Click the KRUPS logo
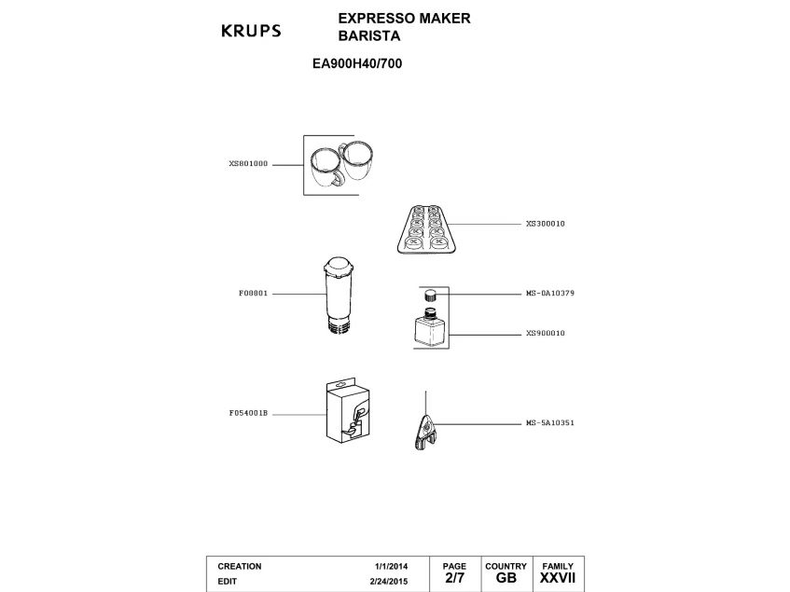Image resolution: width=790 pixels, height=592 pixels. pyautogui.click(x=250, y=31)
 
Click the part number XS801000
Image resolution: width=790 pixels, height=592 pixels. pyautogui.click(x=248, y=163)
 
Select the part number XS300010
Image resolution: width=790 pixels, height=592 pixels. pyautogui.click(x=546, y=224)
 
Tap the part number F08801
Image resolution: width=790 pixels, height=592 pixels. pyautogui.click(x=254, y=293)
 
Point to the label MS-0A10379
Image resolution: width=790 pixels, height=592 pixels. pyautogui.click(x=549, y=293)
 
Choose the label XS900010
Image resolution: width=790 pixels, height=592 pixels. pyautogui.click(x=546, y=333)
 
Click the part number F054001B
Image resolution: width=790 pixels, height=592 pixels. pyautogui.click(x=248, y=412)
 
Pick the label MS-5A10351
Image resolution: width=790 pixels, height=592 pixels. pyautogui.click(x=549, y=422)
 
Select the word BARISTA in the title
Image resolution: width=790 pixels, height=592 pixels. pyautogui.click(x=368, y=36)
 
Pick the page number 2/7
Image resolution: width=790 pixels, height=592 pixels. pyautogui.click(x=454, y=579)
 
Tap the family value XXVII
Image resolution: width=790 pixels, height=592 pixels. pyautogui.click(x=557, y=579)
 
